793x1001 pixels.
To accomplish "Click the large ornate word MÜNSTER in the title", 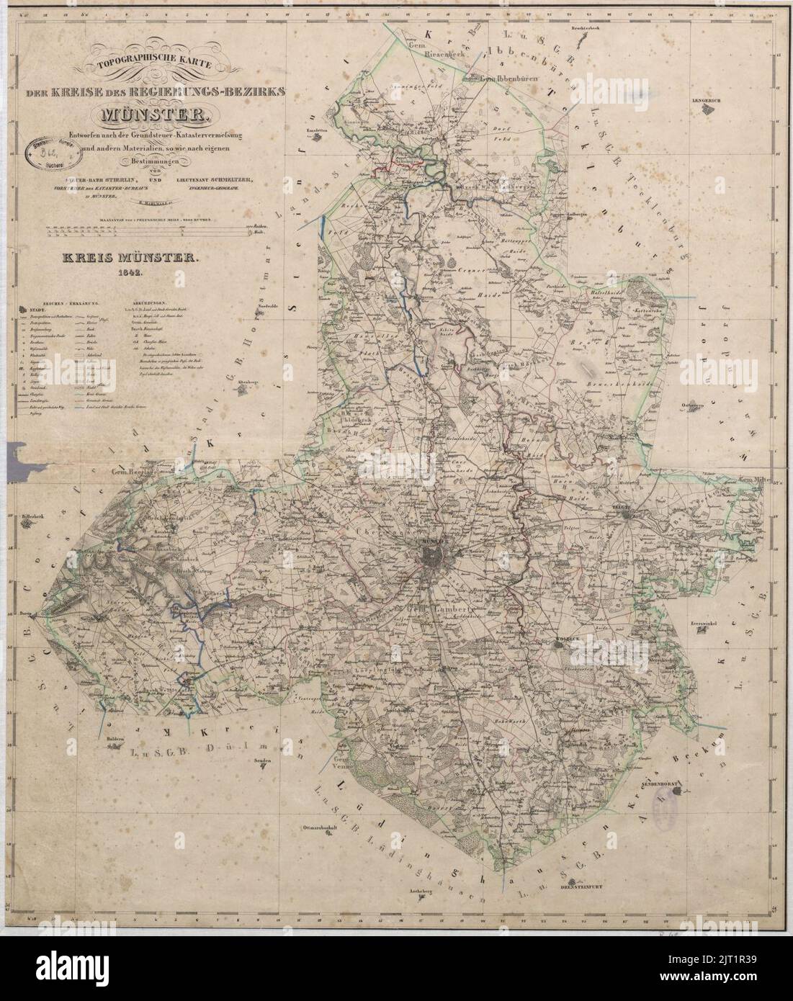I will pos(155,114).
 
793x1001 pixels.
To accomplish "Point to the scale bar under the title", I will pos(144,231).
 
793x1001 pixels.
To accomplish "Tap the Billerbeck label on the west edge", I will pos(34,516).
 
